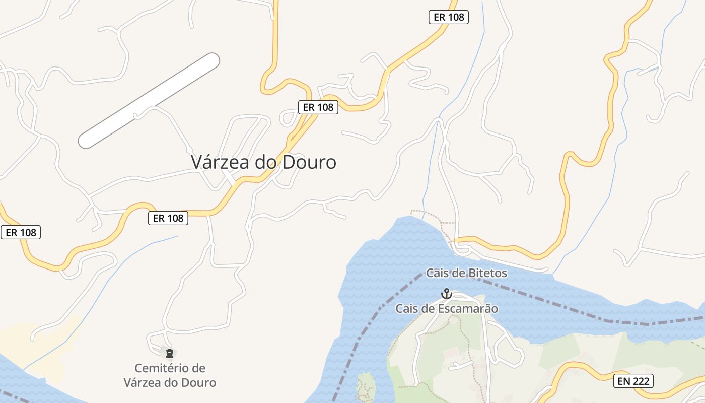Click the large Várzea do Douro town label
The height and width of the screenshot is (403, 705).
click(x=263, y=162)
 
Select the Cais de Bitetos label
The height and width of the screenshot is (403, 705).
click(x=466, y=273)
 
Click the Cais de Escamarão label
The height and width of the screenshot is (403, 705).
click(x=447, y=309)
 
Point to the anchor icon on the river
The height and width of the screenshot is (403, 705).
click(x=446, y=293)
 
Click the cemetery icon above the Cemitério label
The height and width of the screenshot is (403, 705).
click(x=170, y=353)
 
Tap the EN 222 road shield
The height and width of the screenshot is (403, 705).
click(x=633, y=381)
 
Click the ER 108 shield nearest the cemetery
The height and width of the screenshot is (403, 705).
click(x=168, y=218)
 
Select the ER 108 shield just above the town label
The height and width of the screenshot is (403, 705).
click(x=318, y=107)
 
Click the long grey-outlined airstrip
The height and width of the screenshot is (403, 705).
click(x=149, y=101)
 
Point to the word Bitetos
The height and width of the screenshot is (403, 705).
click(x=484, y=273)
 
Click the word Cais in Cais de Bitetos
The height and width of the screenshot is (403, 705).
click(x=437, y=273)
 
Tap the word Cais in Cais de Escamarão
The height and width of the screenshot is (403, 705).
click(x=406, y=309)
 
